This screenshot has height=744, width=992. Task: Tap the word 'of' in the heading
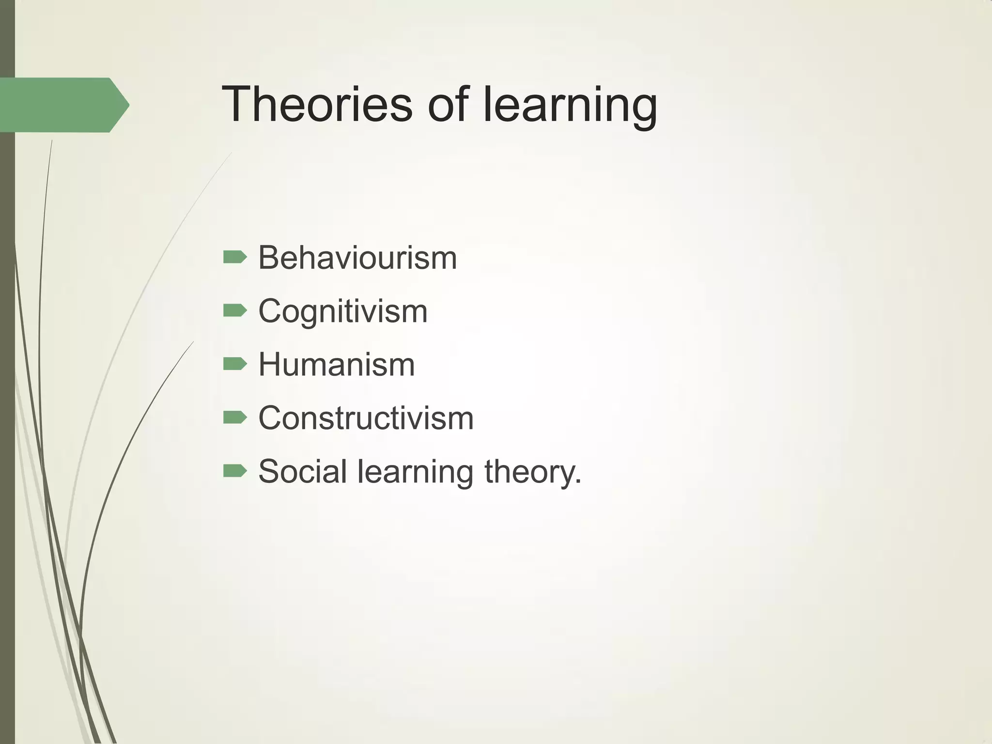[x=448, y=104]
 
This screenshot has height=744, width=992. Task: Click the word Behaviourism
[x=357, y=258]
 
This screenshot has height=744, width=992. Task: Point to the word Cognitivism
[x=343, y=311]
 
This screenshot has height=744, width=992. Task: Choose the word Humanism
[x=337, y=364]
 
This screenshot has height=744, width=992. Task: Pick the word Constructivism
[x=366, y=418]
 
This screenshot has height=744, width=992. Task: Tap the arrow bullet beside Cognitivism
[x=235, y=310]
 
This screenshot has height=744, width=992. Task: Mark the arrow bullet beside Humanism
[x=235, y=364]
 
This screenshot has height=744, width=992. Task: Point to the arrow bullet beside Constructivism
[x=235, y=417]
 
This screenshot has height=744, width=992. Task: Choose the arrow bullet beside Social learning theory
[x=235, y=470]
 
